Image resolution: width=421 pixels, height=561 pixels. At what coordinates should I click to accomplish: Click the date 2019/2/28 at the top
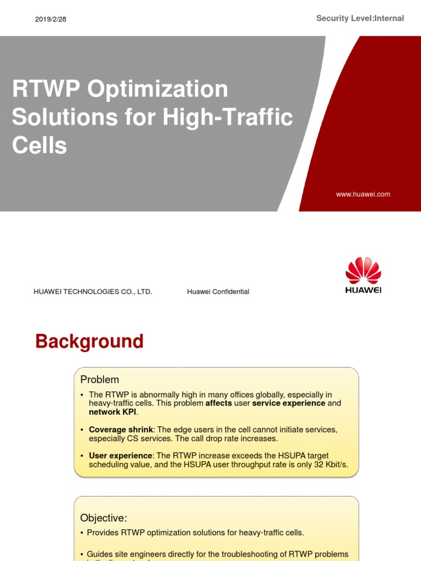(50, 19)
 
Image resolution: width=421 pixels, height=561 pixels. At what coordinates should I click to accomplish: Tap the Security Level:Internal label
(360, 18)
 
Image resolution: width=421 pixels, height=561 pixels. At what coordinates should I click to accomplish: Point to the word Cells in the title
(39, 145)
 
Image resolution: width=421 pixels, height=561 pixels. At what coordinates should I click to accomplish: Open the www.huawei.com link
(363, 194)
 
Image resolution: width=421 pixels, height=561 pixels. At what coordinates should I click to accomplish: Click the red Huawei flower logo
(363, 270)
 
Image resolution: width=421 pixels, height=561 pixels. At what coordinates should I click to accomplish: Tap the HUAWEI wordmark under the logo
(363, 290)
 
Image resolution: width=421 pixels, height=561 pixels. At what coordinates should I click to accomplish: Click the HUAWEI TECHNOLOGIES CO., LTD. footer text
(93, 292)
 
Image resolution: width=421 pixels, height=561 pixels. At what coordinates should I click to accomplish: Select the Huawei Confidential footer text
(218, 292)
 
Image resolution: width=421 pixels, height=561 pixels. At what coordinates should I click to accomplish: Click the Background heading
(89, 341)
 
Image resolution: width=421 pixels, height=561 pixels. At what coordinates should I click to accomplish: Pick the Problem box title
(99, 380)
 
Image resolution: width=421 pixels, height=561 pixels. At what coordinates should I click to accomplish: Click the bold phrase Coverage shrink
(121, 430)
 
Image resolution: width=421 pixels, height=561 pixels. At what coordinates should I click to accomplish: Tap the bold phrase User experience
(121, 456)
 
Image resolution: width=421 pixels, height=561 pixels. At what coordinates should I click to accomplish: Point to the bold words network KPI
(112, 412)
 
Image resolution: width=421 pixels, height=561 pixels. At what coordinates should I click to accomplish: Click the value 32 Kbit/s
(328, 465)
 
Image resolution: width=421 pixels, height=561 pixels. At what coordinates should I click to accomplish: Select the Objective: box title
(104, 518)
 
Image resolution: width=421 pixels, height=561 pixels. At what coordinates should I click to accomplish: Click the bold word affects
(219, 403)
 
